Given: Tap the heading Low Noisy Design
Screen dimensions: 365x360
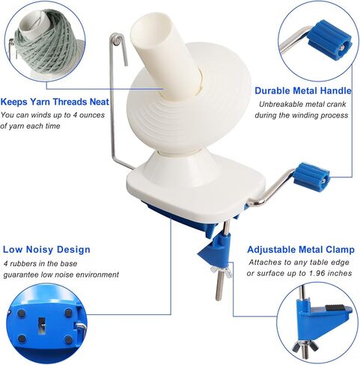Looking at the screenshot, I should coord(46,249).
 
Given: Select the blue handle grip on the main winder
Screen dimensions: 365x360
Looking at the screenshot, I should coord(311,175).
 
